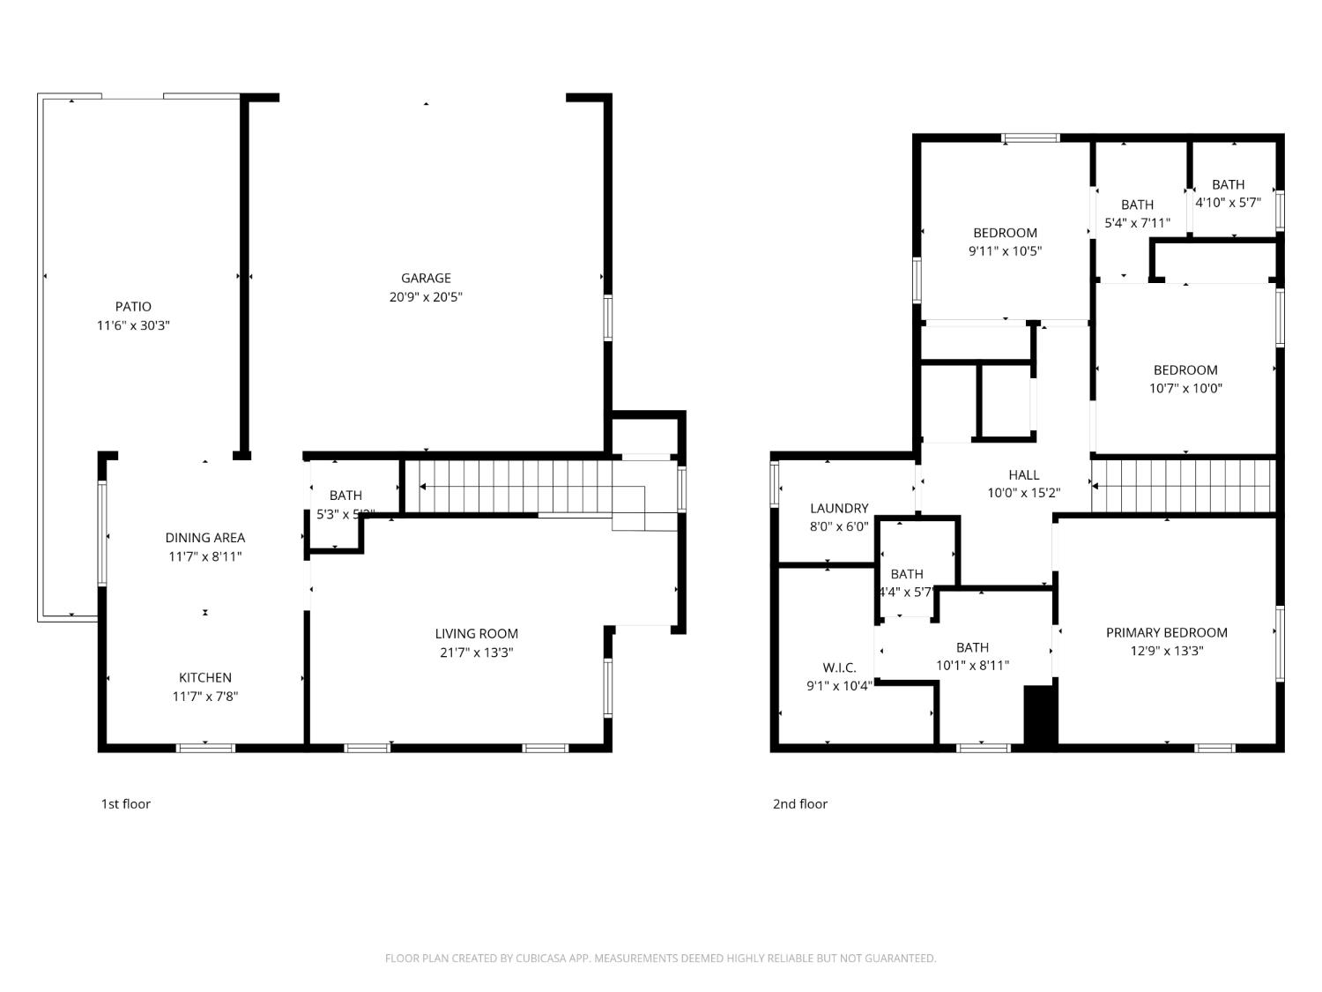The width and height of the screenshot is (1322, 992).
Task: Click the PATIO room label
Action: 133,307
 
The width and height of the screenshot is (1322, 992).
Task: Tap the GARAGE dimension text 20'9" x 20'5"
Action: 426,297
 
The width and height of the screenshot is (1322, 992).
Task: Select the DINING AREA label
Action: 205,538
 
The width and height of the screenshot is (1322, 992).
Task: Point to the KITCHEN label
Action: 205,678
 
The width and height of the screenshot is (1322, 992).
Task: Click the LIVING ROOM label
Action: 476,634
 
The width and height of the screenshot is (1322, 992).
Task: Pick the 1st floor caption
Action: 125,804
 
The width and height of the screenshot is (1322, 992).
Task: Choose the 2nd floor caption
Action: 800,804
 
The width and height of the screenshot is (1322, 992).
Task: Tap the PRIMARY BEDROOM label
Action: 1166,633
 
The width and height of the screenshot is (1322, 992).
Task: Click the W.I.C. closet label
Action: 839,668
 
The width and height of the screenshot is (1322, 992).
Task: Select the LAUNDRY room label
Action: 839,509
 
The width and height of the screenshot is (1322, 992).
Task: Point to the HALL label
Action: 1023,475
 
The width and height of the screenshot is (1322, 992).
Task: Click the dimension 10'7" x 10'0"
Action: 1185,389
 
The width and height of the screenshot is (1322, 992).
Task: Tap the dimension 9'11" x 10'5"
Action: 1005,251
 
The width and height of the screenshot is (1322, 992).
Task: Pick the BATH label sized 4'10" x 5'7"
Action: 1228,185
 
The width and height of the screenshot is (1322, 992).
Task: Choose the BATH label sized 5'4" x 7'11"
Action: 1137,205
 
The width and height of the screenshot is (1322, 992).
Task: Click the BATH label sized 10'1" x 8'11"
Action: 972,648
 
